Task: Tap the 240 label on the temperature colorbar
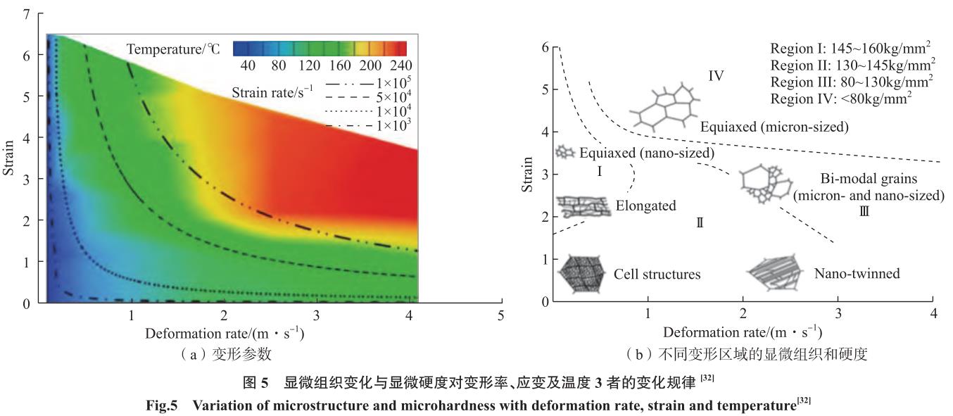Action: pyautogui.click(x=396, y=63)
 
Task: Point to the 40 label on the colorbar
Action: pyautogui.click(x=248, y=63)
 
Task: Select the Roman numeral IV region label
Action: pyautogui.click(x=717, y=75)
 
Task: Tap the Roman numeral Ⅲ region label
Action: pyautogui.click(x=864, y=210)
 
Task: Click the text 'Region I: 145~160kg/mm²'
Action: pyautogui.click(x=852, y=50)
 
